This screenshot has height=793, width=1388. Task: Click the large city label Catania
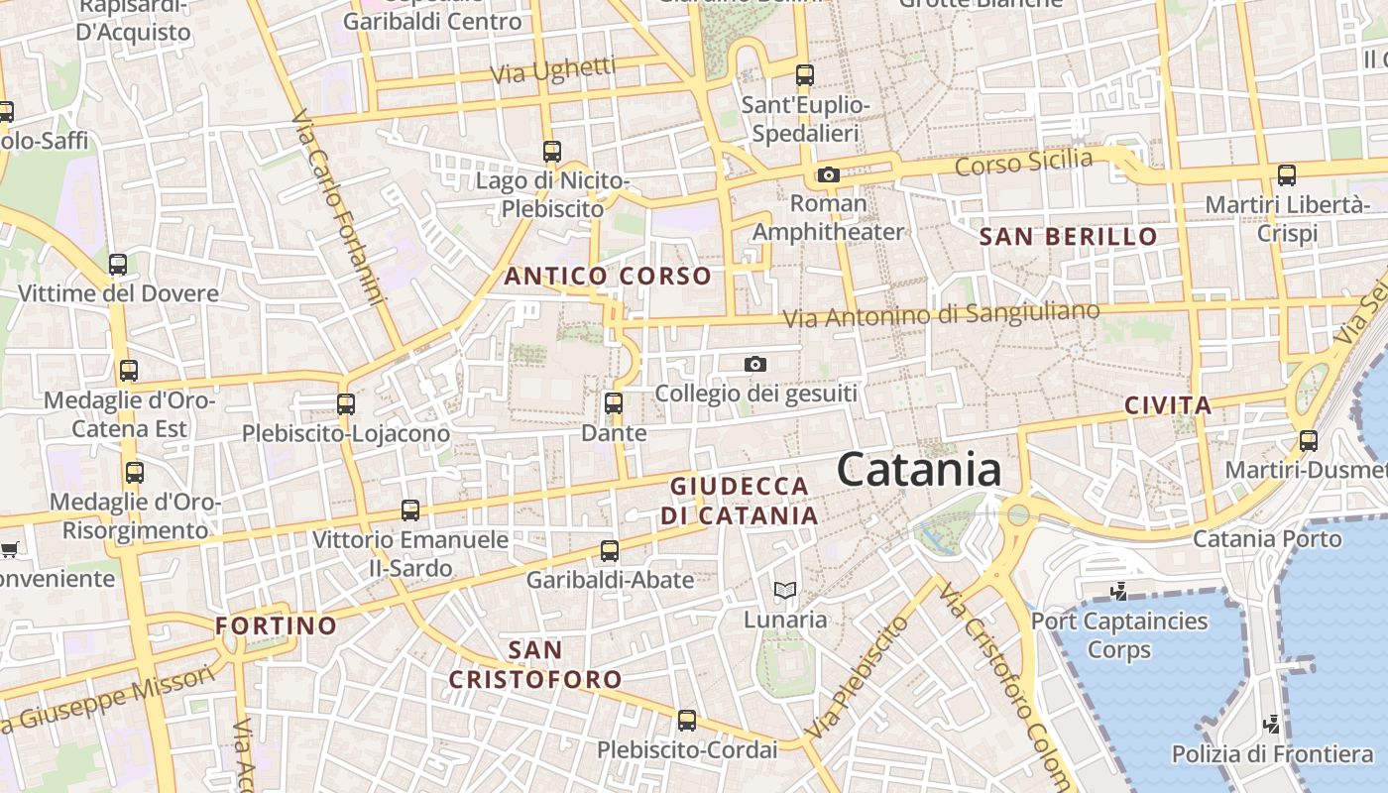tap(918, 470)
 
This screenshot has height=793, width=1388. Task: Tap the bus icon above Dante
tap(614, 403)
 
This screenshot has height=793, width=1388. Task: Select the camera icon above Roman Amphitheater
tap(828, 175)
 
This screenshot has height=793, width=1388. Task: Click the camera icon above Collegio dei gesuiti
tap(755, 365)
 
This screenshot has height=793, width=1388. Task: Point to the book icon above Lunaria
tap(785, 591)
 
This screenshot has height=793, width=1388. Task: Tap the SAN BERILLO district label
tap(1069, 237)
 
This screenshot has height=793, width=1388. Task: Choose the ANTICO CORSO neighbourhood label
tap(608, 277)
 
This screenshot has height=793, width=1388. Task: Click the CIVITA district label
tap(1168, 405)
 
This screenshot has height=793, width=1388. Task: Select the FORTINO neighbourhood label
tap(277, 626)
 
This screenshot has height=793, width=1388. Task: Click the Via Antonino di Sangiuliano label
tap(941, 315)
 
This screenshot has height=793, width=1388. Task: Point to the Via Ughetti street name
tap(553, 72)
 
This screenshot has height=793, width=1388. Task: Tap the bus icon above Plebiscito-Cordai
tap(686, 721)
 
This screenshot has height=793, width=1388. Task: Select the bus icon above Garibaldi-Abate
tap(610, 551)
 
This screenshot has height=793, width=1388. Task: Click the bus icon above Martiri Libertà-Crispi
tap(1286, 175)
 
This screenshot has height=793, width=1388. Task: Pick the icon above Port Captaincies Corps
tap(1119, 592)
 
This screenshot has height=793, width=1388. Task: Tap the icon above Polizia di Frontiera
tap(1272, 725)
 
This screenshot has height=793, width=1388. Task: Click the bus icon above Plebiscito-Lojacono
tap(346, 404)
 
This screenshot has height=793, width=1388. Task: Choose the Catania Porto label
tap(1266, 539)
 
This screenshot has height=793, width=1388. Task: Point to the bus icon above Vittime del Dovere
tap(118, 265)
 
